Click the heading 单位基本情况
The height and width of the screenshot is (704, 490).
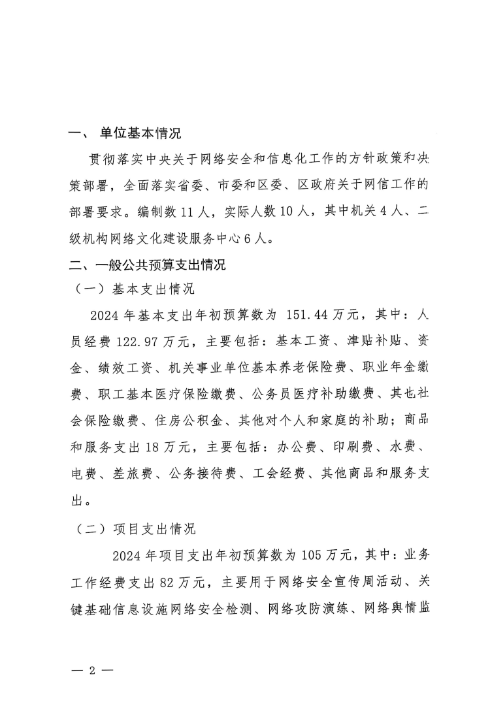point(140,133)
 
